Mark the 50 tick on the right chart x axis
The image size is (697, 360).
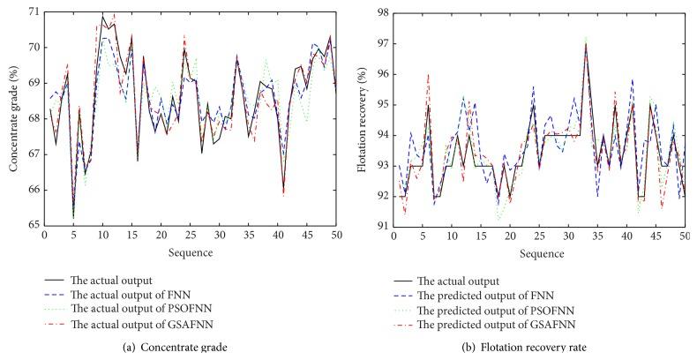coord(684,236)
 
